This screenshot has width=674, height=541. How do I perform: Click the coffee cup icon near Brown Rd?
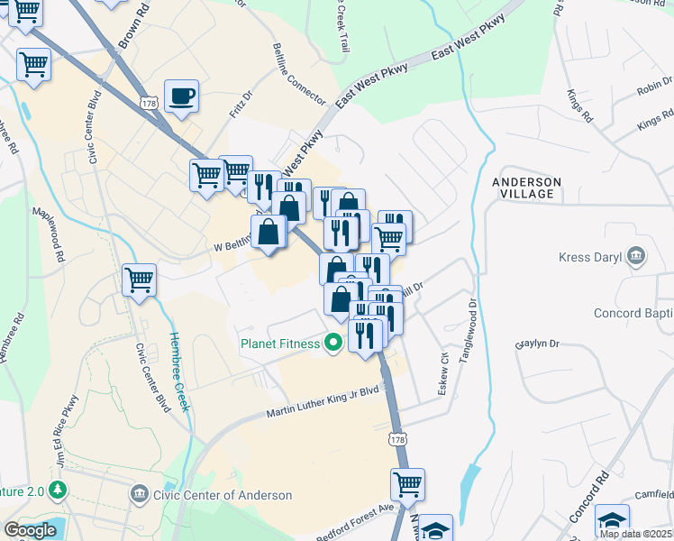[181, 96]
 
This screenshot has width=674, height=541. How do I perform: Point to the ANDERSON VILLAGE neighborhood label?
[526, 188]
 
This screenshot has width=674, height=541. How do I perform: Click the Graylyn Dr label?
[537, 344]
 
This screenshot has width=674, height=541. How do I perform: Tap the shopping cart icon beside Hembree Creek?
[139, 280]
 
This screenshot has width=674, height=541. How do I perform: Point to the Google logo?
[30, 530]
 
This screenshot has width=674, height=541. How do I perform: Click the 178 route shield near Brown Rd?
[149, 105]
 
